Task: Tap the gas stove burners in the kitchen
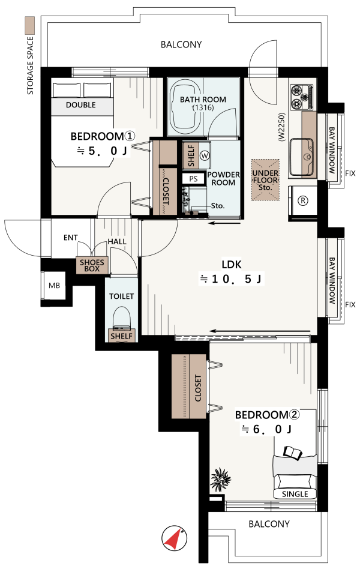pos(302,97)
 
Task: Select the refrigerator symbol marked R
pos(302,200)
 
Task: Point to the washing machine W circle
pos(205,156)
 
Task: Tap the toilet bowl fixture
pos(122,318)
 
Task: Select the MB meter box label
pos(55,286)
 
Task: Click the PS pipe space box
pos(193,178)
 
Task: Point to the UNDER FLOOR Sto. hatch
pos(265,180)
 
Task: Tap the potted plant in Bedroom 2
pos(220,478)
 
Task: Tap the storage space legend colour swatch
pos(29,25)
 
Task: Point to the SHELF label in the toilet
pos(122,336)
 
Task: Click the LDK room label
pos(232,264)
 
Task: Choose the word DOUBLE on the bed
pos(81,105)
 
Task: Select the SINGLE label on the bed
pos(295,494)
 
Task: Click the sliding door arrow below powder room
pos(224,223)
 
